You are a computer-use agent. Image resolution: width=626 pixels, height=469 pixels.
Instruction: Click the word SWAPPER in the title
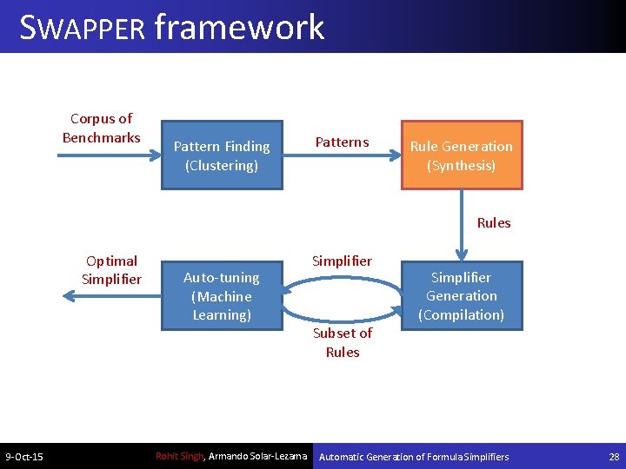tap(82, 28)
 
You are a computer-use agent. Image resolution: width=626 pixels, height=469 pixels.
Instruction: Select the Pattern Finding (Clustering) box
tap(222, 155)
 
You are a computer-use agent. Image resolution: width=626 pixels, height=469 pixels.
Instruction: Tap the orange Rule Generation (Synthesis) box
tap(462, 155)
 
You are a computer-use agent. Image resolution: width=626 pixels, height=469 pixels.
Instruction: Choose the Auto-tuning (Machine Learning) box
tap(222, 296)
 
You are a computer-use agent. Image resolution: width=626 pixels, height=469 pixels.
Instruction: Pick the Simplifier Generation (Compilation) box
tap(462, 296)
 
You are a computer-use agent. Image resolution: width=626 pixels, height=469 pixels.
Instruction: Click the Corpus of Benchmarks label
tap(101, 128)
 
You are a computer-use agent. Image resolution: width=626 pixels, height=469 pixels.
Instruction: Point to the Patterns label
tap(342, 142)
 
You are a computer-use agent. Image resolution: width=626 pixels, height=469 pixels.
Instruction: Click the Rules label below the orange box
tap(494, 223)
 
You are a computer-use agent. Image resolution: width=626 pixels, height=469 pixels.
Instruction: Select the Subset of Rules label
tap(343, 342)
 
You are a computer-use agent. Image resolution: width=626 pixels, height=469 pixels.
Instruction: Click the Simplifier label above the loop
tap(343, 261)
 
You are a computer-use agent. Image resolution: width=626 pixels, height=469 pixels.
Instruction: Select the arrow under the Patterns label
tap(342, 156)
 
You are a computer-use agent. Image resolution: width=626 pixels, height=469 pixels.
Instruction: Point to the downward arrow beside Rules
tap(462, 225)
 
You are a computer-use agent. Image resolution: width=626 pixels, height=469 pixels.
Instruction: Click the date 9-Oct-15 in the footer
tap(24, 457)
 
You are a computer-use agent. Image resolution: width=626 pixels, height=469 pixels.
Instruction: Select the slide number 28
tap(614, 457)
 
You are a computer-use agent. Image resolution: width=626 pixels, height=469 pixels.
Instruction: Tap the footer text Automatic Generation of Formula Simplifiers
tap(415, 457)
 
